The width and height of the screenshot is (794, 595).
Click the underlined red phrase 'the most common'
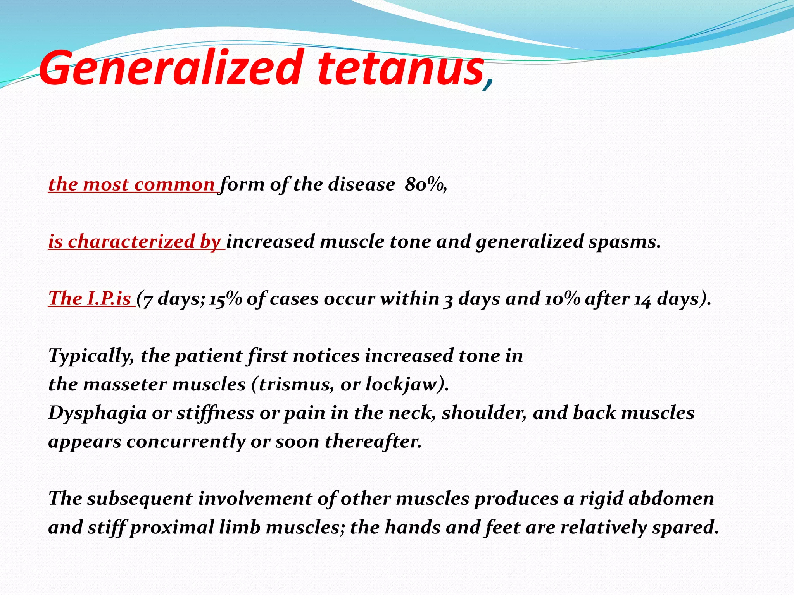(132, 184)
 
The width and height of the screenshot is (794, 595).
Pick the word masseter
(125, 384)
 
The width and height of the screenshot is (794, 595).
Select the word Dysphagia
(97, 413)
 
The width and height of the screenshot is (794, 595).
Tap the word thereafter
(373, 441)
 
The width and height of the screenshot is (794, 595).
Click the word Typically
(90, 356)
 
